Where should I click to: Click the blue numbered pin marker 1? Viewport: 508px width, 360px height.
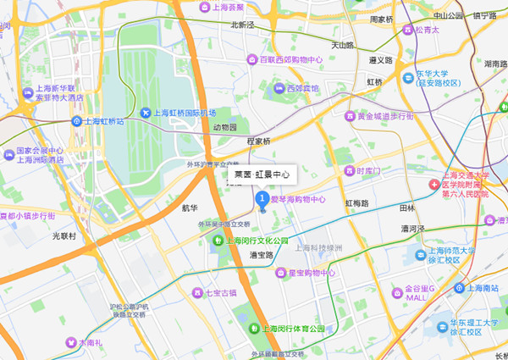[x=262, y=200]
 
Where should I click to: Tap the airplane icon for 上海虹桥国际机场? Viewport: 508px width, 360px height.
[x=146, y=114]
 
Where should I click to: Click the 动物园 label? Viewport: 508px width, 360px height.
[x=227, y=127]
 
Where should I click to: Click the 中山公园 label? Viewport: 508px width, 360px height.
[x=448, y=14]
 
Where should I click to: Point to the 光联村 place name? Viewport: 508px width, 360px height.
[x=63, y=235]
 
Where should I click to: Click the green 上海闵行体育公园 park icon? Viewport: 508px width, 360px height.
[x=252, y=328]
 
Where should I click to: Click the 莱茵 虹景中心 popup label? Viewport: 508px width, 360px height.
[x=262, y=175]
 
